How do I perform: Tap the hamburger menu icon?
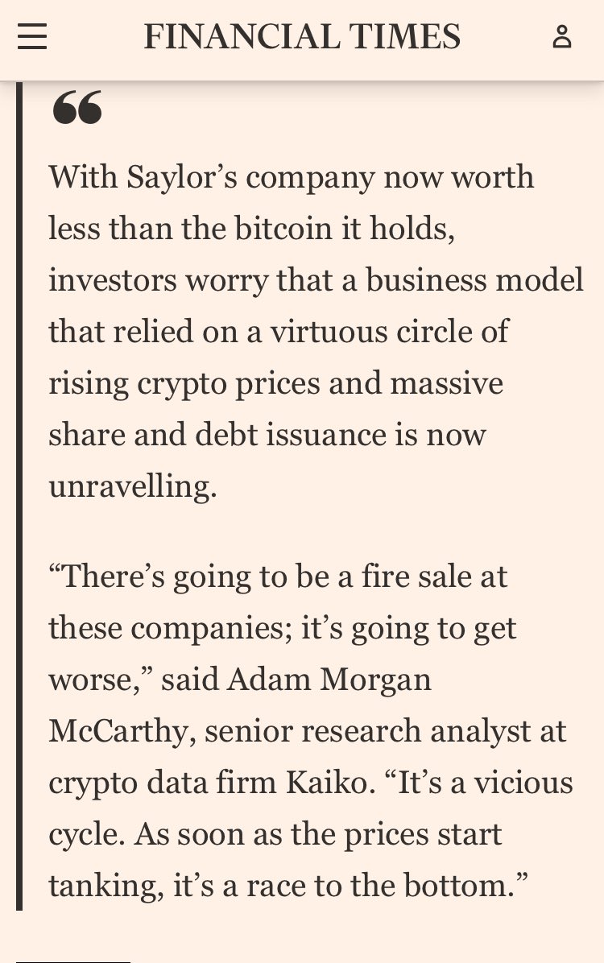coord(32,37)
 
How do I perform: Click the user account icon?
coord(562,37)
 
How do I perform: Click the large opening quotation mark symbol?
coord(77,109)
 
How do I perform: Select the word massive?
coord(447,382)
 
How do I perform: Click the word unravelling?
coord(132,486)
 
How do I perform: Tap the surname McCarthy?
coord(122,730)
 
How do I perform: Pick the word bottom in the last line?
coord(462,885)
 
